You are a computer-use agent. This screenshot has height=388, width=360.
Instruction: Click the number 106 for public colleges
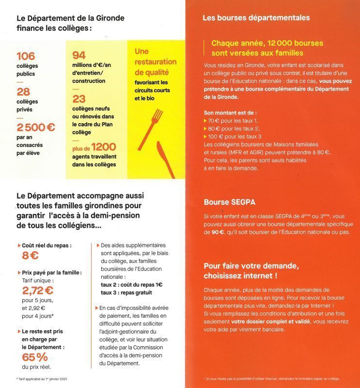(26, 56)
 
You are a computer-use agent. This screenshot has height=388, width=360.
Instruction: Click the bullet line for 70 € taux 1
(232, 119)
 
